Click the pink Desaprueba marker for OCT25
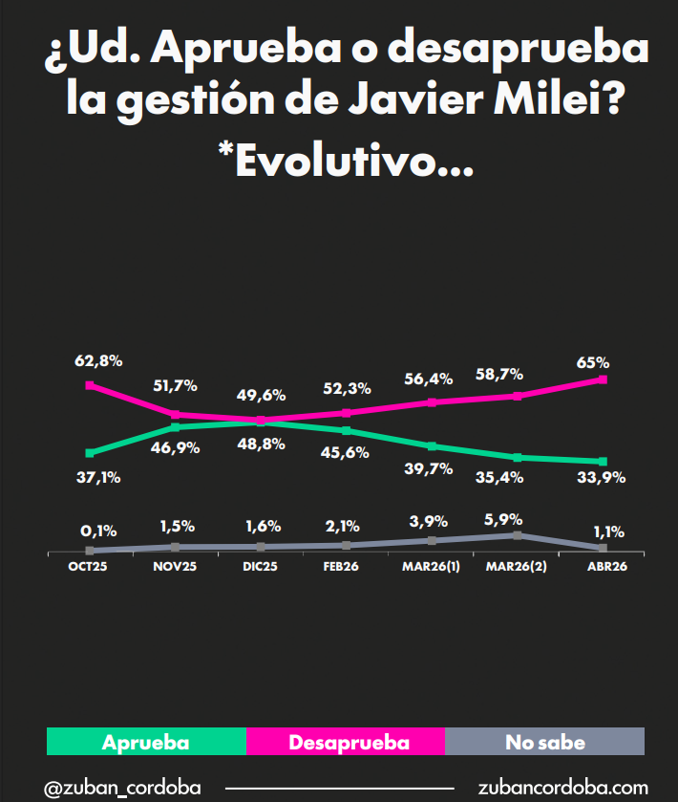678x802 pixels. click(x=90, y=385)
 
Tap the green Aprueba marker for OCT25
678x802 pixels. click(x=90, y=453)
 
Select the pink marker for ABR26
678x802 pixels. click(x=603, y=379)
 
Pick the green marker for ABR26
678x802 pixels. click(x=603, y=462)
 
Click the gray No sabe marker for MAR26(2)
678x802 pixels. click(x=517, y=535)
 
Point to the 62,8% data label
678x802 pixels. click(x=98, y=361)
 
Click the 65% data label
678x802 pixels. click(x=593, y=362)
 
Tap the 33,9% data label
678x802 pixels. click(x=602, y=478)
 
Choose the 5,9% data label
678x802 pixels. click(x=503, y=520)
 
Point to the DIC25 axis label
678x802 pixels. click(x=261, y=567)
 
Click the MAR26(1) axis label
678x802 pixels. click(x=431, y=567)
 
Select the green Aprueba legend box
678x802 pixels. click(x=146, y=742)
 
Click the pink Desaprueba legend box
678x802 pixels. click(x=346, y=742)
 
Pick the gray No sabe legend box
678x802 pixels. click(x=545, y=742)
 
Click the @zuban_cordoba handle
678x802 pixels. click(x=122, y=788)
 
